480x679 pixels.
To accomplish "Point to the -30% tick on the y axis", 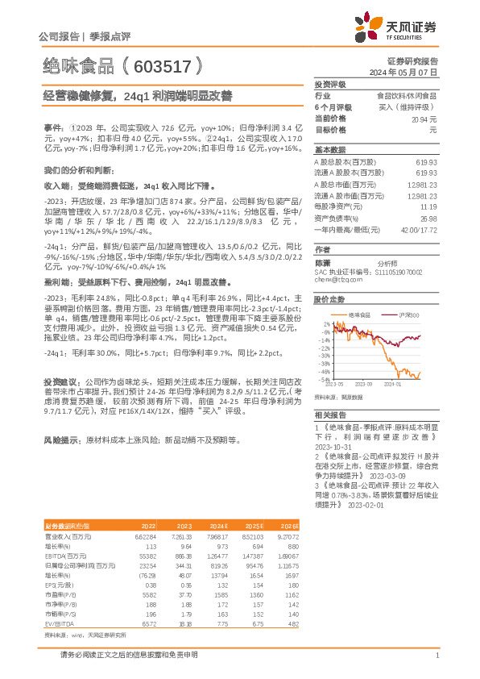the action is click(x=325, y=353).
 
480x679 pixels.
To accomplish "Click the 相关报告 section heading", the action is click(x=329, y=411).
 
